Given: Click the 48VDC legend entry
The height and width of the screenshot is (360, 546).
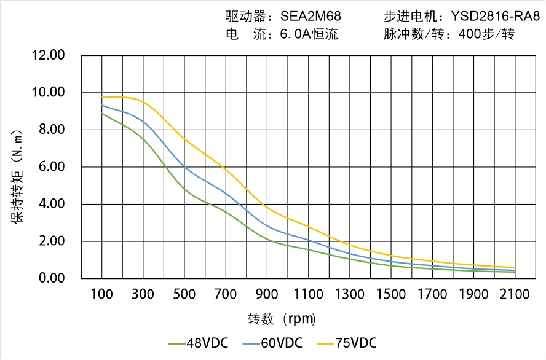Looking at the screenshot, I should pos(199,343).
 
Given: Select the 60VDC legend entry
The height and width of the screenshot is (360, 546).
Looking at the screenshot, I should pos(273,343).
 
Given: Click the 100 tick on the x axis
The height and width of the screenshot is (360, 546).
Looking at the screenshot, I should pos(102,294).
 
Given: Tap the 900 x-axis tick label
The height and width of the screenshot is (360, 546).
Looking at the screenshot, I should pos(267,294).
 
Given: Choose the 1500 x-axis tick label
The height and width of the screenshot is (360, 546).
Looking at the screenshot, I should pos(391,294).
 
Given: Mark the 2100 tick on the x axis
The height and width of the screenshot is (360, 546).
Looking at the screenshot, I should pos(515,294).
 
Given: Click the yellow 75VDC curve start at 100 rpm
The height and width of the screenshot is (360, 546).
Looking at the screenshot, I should pos(102,96).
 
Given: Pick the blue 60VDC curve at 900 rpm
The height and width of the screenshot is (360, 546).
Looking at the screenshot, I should pos(267,226).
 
